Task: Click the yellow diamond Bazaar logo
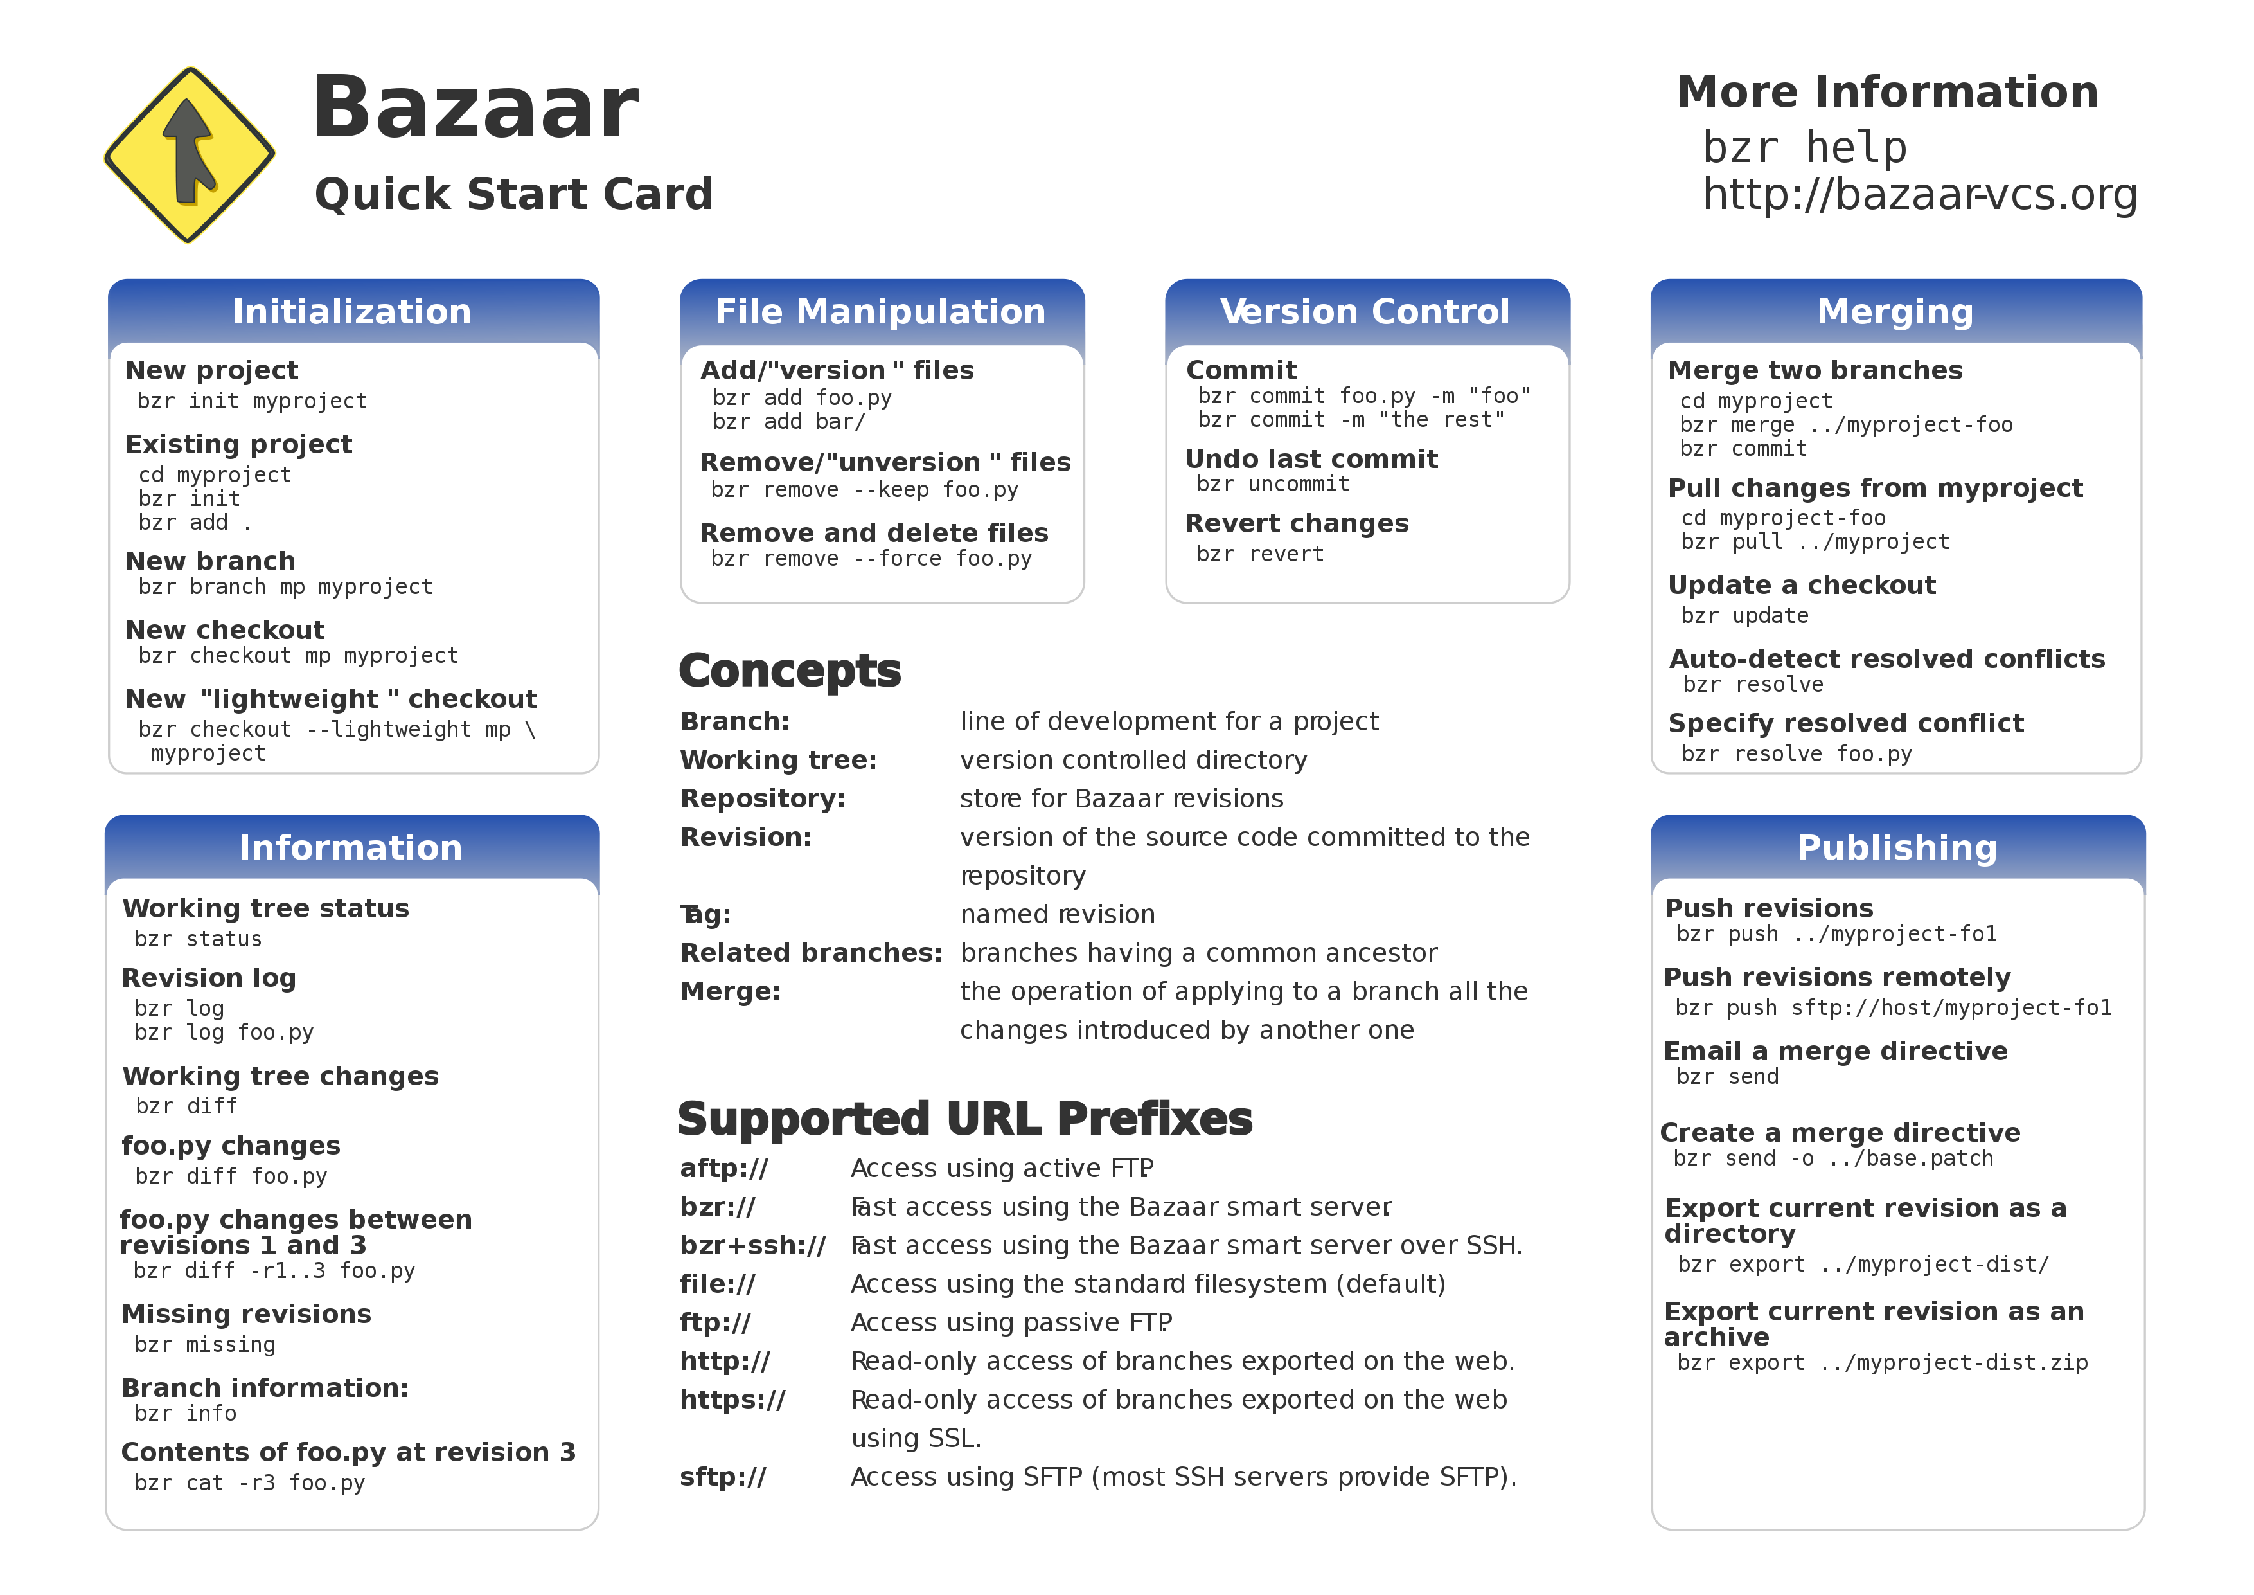point(190,154)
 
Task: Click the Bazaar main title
point(475,107)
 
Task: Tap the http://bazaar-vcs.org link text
point(1919,194)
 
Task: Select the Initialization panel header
point(353,311)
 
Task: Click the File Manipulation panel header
point(881,311)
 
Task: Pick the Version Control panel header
point(1365,311)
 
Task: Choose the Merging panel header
point(1895,311)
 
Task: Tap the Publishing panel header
point(1897,847)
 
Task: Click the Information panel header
point(350,847)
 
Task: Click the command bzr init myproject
point(253,401)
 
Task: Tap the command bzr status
point(199,939)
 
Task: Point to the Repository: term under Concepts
point(763,798)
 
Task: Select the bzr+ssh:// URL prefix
point(753,1245)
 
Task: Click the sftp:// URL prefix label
point(723,1477)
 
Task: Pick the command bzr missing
point(205,1344)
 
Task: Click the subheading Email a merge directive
point(1836,1051)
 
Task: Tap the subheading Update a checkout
point(1802,586)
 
